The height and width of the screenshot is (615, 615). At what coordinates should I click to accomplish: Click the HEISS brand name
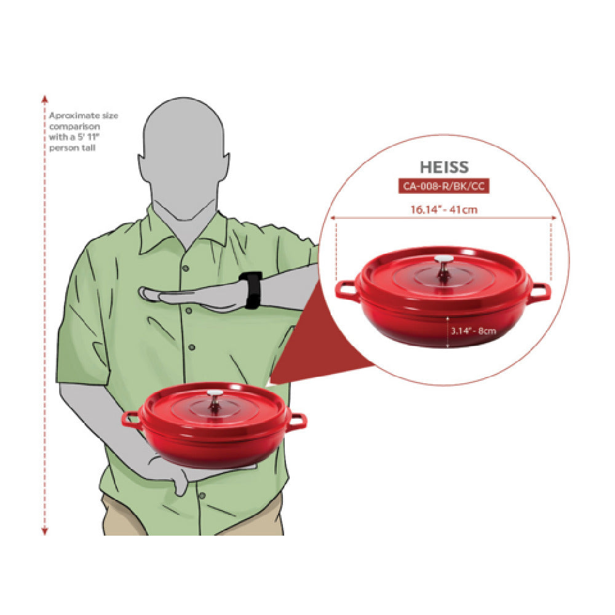(444, 167)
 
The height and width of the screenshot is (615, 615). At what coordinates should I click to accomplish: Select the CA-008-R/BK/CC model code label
(444, 186)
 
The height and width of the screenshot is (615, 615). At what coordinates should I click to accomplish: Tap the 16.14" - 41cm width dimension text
(444, 210)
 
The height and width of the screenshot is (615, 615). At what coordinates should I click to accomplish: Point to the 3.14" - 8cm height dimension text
(473, 331)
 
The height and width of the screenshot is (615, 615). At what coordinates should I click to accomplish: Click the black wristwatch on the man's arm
(251, 290)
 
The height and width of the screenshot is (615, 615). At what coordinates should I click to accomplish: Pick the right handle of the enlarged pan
(541, 293)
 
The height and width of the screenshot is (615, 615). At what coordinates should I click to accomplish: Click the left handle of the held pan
(131, 419)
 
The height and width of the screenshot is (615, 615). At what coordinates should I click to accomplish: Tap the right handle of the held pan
(298, 421)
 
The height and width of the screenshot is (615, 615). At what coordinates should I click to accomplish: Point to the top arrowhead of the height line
(45, 98)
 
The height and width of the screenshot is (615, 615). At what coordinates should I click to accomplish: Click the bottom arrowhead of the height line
(45, 532)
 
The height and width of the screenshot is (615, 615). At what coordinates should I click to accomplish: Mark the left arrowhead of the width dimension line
(333, 218)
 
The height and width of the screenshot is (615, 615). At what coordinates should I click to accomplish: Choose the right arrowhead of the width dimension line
(554, 218)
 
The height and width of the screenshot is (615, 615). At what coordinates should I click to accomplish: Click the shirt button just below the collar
(186, 269)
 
